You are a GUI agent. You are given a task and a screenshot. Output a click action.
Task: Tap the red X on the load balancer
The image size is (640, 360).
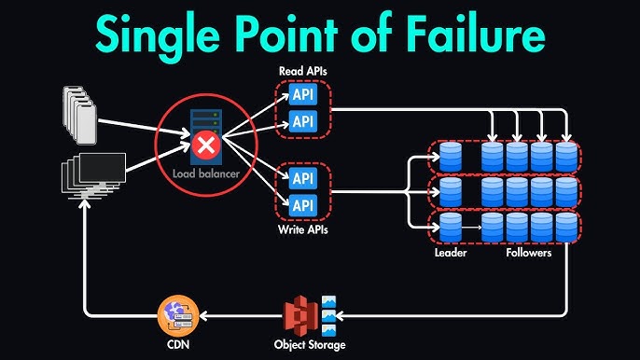pos(204,145)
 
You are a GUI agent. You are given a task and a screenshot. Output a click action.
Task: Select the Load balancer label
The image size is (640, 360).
pos(205,173)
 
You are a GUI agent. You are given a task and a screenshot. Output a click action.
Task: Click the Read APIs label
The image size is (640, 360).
pos(303,72)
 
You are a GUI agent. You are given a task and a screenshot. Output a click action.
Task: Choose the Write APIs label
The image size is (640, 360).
pos(303,229)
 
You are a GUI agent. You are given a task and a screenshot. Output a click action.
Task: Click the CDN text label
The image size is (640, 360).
pos(177,346)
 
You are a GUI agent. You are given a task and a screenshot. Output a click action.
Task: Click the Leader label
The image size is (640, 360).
pos(452,253)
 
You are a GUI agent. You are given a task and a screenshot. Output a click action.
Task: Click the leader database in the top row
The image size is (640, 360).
pos(451,156)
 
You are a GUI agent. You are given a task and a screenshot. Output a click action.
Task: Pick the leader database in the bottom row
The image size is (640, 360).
pos(451,228)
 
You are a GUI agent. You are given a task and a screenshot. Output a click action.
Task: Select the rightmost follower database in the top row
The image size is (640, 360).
pos(566,156)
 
